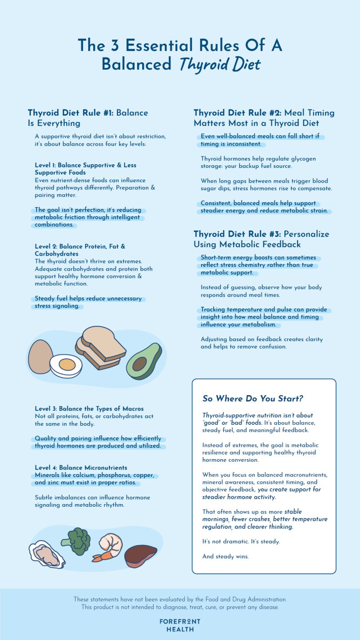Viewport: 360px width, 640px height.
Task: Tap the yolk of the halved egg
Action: (x=67, y=363)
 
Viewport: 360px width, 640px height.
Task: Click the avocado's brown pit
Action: (x=140, y=363)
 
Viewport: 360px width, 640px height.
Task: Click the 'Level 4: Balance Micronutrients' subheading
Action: (x=81, y=468)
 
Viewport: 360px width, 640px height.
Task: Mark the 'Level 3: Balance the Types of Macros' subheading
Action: (x=89, y=409)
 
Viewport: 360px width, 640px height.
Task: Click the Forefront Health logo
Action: (x=180, y=625)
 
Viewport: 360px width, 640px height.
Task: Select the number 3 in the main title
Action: (x=115, y=45)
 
